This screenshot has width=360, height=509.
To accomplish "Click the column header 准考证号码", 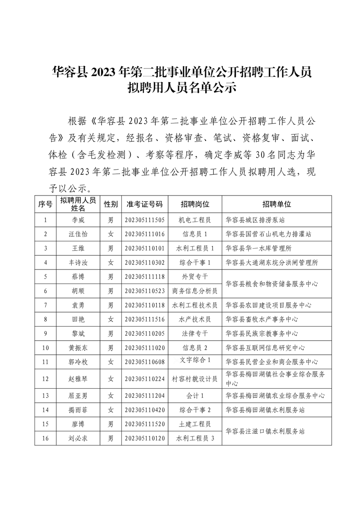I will tap(144, 204).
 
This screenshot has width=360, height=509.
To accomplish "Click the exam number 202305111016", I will tap(144, 234).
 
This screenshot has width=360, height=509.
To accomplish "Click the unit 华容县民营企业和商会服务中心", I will tap(271, 362).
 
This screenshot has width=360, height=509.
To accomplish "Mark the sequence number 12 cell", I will tap(45, 378).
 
